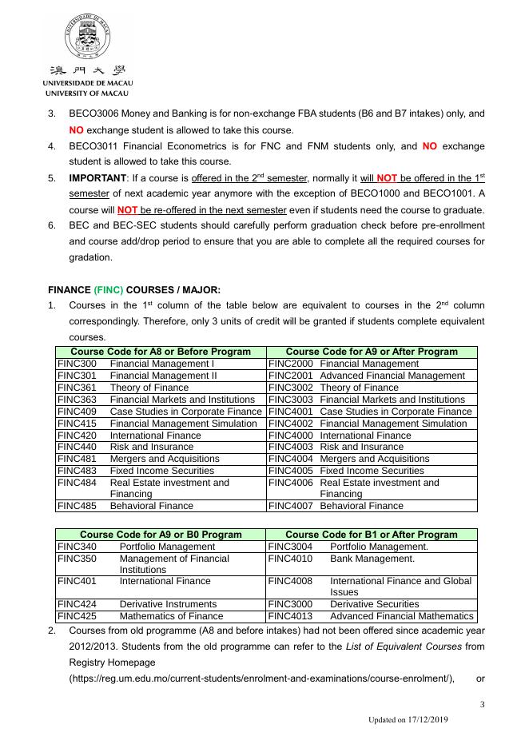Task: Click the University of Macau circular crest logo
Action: click(x=88, y=38)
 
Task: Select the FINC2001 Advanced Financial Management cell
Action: click(x=371, y=376)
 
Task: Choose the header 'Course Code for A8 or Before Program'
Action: click(x=161, y=352)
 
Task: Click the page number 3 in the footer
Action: click(x=482, y=705)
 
